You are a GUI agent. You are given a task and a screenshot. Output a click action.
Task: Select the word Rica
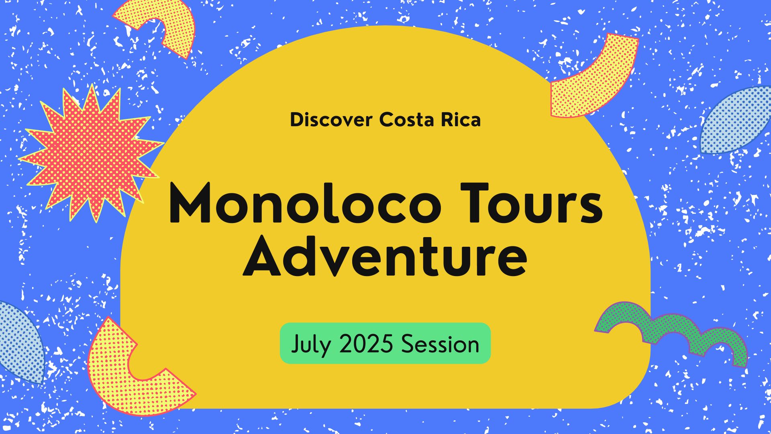(x=461, y=120)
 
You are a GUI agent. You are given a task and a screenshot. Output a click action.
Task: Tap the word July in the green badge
(x=311, y=345)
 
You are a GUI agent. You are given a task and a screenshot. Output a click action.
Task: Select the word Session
(x=440, y=344)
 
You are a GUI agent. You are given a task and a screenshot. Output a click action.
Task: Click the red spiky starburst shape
(x=91, y=153)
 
